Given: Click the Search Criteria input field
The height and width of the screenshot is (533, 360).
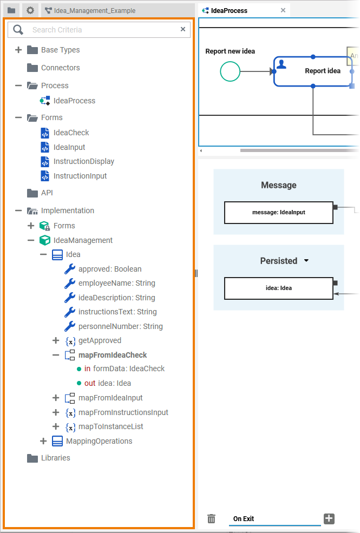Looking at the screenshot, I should click(103, 30).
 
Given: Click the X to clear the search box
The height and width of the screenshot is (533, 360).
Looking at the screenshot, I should click(183, 29).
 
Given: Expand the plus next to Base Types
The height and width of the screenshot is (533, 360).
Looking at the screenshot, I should click(18, 50).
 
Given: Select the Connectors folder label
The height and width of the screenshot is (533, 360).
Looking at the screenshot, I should click(60, 68).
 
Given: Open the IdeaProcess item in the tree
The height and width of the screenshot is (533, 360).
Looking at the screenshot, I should click(74, 101).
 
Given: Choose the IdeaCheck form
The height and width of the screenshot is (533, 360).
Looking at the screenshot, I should click(71, 133).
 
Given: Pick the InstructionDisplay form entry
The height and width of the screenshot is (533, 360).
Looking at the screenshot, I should click(83, 161).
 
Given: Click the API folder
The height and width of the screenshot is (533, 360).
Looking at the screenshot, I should click(47, 193).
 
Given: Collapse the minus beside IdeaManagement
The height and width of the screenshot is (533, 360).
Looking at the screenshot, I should click(31, 240).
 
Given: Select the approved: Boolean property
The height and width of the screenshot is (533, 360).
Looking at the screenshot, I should click(110, 269).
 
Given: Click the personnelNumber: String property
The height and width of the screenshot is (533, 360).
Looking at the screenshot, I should click(120, 326).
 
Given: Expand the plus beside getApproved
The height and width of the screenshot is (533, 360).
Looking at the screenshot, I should click(56, 340).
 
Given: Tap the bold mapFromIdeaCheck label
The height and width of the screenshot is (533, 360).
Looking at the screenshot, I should click(113, 355).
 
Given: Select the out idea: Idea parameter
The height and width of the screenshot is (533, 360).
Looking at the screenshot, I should click(107, 383).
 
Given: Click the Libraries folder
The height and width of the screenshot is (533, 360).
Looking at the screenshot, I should click(55, 458).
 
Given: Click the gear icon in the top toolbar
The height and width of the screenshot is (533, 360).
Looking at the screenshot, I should click(30, 10).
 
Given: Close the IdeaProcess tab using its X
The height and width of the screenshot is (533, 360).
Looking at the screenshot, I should click(283, 10).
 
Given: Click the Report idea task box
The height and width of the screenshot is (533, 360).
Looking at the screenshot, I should click(313, 71).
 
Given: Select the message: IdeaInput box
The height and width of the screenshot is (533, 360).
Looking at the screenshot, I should click(278, 213).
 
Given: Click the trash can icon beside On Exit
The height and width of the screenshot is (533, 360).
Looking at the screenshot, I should click(212, 519).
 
